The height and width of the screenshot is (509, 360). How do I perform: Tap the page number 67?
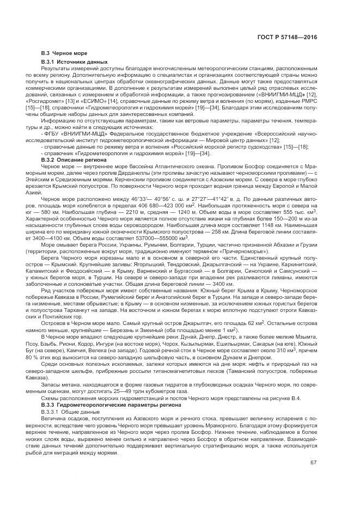(x=314, y=463)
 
